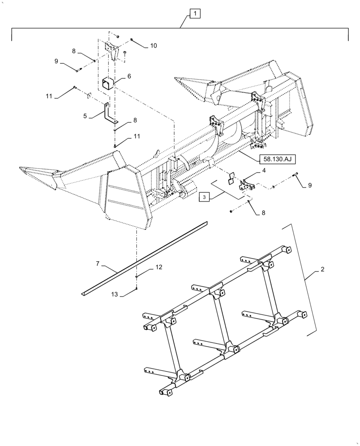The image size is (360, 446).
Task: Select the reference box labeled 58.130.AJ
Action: click(x=274, y=158)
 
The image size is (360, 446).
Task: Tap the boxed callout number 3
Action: click(x=204, y=197)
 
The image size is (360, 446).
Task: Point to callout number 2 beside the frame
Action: click(x=322, y=269)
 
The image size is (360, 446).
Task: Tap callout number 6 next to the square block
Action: click(x=129, y=76)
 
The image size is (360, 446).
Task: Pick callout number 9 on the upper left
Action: click(x=57, y=62)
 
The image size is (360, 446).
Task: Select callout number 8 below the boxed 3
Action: click(x=263, y=213)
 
